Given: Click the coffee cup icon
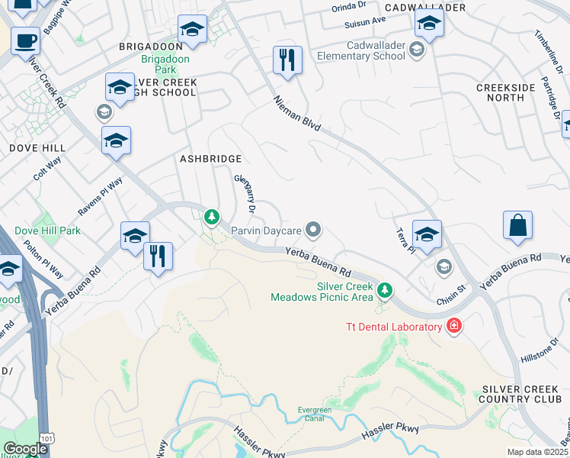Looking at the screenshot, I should pos(25,40).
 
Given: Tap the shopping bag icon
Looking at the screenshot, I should pos(517,226).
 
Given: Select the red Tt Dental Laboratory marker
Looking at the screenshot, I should pos(454,326).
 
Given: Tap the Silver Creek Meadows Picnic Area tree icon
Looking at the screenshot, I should pos(386,289).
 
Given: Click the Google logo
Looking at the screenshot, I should pos(24,449).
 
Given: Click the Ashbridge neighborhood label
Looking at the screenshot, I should pos(210,159).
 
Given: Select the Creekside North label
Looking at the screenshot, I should pos(506,92).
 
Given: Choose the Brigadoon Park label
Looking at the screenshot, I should pos(160,63).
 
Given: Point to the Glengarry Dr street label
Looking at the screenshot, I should pos(244,192).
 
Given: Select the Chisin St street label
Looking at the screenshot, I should pos(450,292).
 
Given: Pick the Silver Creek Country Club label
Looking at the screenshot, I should pos(521,394).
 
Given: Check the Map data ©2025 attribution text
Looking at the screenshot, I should pos(538,452).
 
